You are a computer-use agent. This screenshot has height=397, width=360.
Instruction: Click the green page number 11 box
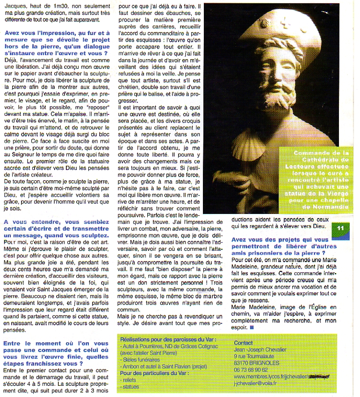click(x=340, y=227)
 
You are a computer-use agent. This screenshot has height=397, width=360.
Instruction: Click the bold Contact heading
click(x=243, y=343)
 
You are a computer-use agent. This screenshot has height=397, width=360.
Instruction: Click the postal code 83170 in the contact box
click(x=242, y=362)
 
